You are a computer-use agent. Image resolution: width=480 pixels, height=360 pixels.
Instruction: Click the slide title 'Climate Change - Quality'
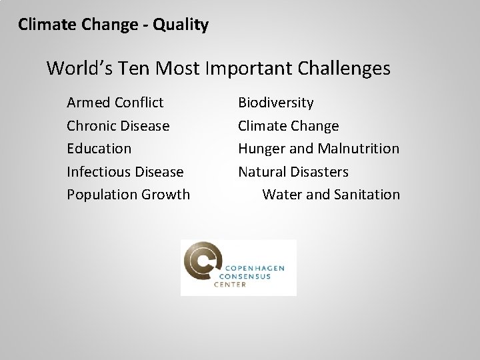point(113,25)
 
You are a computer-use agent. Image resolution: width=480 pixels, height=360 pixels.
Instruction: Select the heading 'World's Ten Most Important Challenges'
point(219,69)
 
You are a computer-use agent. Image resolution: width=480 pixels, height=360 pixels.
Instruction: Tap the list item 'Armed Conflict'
point(115,103)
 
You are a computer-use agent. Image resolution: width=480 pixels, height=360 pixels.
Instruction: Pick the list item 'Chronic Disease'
point(118,126)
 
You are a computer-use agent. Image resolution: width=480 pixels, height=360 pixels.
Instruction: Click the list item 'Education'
point(99,149)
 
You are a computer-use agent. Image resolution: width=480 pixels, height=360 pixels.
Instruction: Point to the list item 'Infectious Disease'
point(125,172)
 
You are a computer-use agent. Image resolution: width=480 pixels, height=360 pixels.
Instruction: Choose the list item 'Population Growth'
point(128,195)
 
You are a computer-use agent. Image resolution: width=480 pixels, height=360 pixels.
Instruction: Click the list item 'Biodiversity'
point(276,103)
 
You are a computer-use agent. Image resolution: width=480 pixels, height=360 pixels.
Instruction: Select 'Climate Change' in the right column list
point(289,126)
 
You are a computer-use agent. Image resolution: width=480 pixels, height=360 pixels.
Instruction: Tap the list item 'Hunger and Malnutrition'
point(319,149)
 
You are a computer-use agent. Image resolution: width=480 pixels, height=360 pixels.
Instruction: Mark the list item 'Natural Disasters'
point(293,172)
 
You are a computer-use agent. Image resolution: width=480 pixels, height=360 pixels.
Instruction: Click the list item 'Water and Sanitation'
point(331,195)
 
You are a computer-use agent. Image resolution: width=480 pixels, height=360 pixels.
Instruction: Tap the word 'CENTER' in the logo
point(230,285)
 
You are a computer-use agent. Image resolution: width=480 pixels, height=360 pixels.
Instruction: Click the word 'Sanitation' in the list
point(367,195)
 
